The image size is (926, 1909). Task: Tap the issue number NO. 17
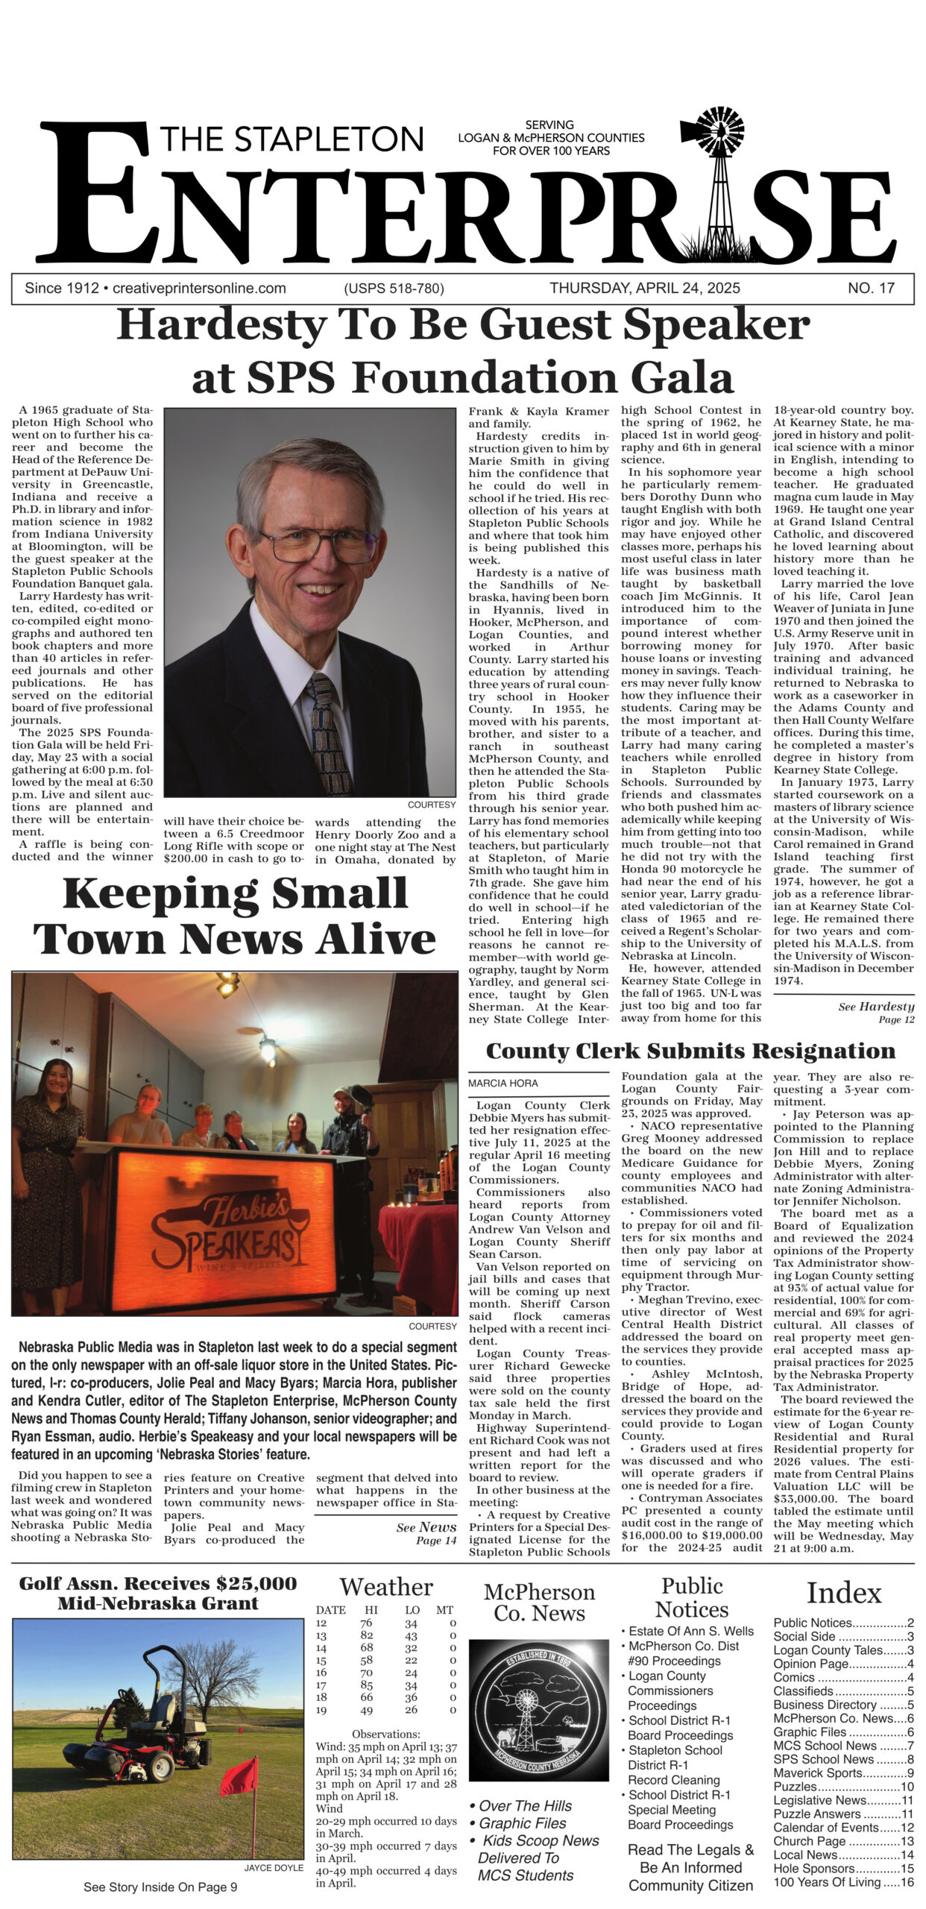(x=870, y=289)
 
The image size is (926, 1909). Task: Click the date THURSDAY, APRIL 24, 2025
(x=644, y=289)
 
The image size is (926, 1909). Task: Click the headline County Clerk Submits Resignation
(x=690, y=1051)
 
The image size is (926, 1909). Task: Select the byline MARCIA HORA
(x=503, y=1083)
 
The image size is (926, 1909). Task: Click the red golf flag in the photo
(x=241, y=1778)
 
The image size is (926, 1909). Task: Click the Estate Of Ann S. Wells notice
(x=690, y=1631)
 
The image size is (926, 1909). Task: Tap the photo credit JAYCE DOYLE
(x=274, y=1868)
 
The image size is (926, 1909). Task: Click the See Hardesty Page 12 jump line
(x=876, y=1012)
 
